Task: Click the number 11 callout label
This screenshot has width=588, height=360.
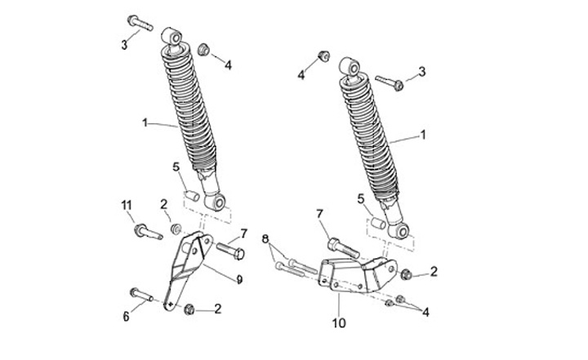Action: pos(127,204)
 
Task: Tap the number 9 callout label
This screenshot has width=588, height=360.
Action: pos(239,280)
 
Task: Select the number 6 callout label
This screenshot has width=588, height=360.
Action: pos(126,316)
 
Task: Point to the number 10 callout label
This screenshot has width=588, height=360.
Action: pos(339,323)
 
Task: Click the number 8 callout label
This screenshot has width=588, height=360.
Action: pos(265,238)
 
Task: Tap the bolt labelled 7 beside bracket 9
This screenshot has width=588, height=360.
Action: pos(229,251)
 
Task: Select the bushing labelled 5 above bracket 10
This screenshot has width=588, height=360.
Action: pos(379,223)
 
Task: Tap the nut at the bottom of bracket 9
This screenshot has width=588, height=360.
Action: pos(189,308)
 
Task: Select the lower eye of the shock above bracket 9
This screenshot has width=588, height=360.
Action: pos(216,201)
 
